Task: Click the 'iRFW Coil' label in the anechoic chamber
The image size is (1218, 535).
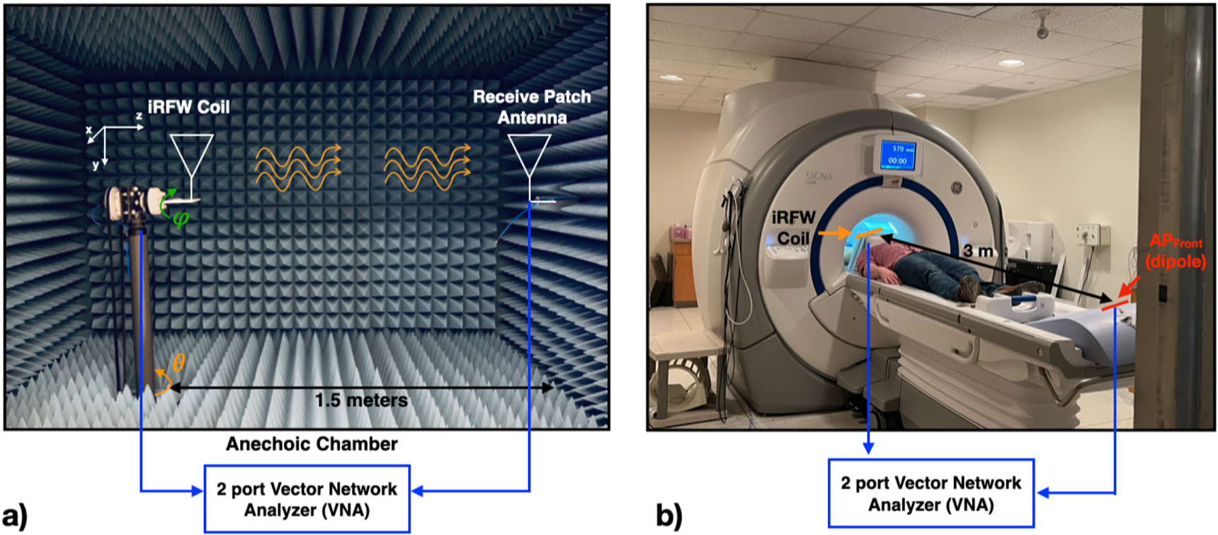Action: click(x=188, y=107)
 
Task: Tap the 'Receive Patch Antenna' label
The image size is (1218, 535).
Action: click(x=531, y=107)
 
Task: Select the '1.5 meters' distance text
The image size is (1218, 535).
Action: click(x=361, y=400)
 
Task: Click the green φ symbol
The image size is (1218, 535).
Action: click(x=181, y=219)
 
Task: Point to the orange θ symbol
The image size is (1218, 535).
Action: click(x=178, y=364)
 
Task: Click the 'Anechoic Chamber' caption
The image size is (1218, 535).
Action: click(x=312, y=444)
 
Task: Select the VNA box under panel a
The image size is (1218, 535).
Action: click(x=307, y=499)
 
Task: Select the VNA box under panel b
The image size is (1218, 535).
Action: click(x=930, y=493)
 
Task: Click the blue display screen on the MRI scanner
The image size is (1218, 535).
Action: click(x=897, y=155)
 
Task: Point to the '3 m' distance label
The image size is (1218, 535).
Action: click(x=978, y=251)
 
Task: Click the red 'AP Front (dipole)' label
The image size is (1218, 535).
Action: click(x=1176, y=252)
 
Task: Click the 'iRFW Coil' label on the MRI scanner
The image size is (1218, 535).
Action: click(x=793, y=227)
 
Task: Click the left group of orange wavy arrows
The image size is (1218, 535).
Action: click(x=297, y=168)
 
